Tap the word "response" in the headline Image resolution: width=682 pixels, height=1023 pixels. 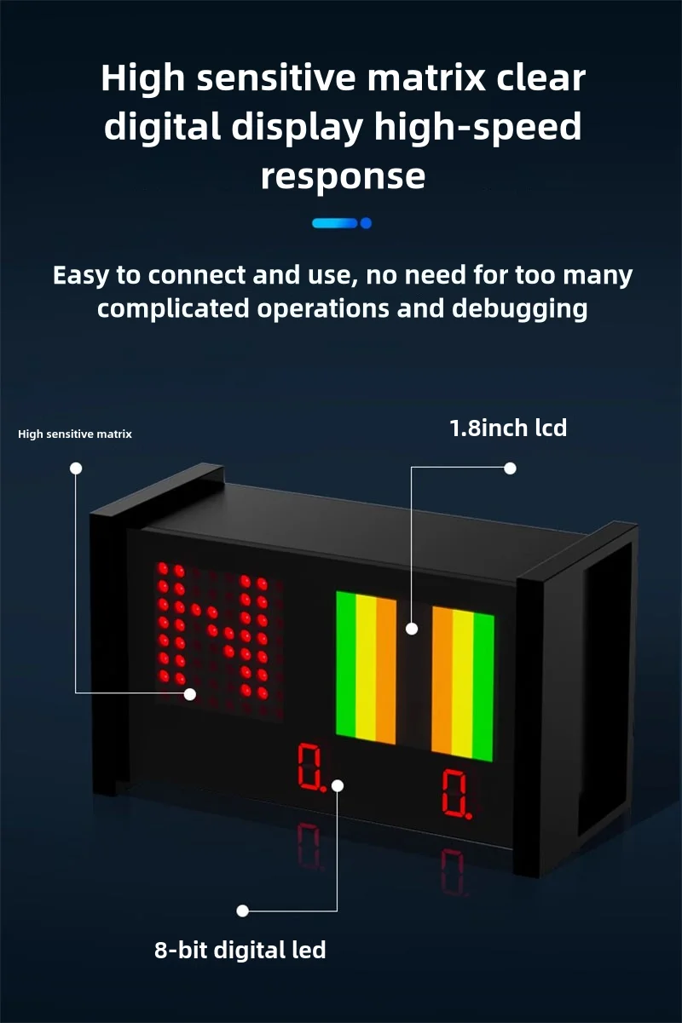pyautogui.click(x=343, y=176)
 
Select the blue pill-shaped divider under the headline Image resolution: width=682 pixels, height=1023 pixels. pyautogui.click(x=335, y=223)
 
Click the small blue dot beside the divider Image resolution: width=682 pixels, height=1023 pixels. pyautogui.click(x=366, y=223)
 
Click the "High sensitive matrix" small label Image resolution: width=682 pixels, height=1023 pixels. pyautogui.click(x=75, y=434)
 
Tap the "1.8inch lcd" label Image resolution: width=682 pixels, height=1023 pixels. pyautogui.click(x=508, y=428)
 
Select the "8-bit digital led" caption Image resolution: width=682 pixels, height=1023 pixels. pyautogui.click(x=240, y=950)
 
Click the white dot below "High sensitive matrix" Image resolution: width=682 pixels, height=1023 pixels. pyautogui.click(x=76, y=468)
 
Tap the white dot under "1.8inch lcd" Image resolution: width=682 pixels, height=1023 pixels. pyautogui.click(x=511, y=468)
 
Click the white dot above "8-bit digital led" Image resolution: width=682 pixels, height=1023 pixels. pyautogui.click(x=242, y=911)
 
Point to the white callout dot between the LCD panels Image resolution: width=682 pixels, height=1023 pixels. pyautogui.click(x=412, y=629)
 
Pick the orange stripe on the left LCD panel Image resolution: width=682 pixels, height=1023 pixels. pyautogui.click(x=386, y=670)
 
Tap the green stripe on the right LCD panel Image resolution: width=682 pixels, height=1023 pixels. pyautogui.click(x=483, y=687)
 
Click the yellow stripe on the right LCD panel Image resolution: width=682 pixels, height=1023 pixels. pyautogui.click(x=463, y=682)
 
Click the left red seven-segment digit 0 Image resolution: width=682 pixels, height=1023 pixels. pyautogui.click(x=308, y=765)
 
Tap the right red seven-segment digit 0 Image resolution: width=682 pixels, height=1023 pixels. pyautogui.click(x=454, y=792)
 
